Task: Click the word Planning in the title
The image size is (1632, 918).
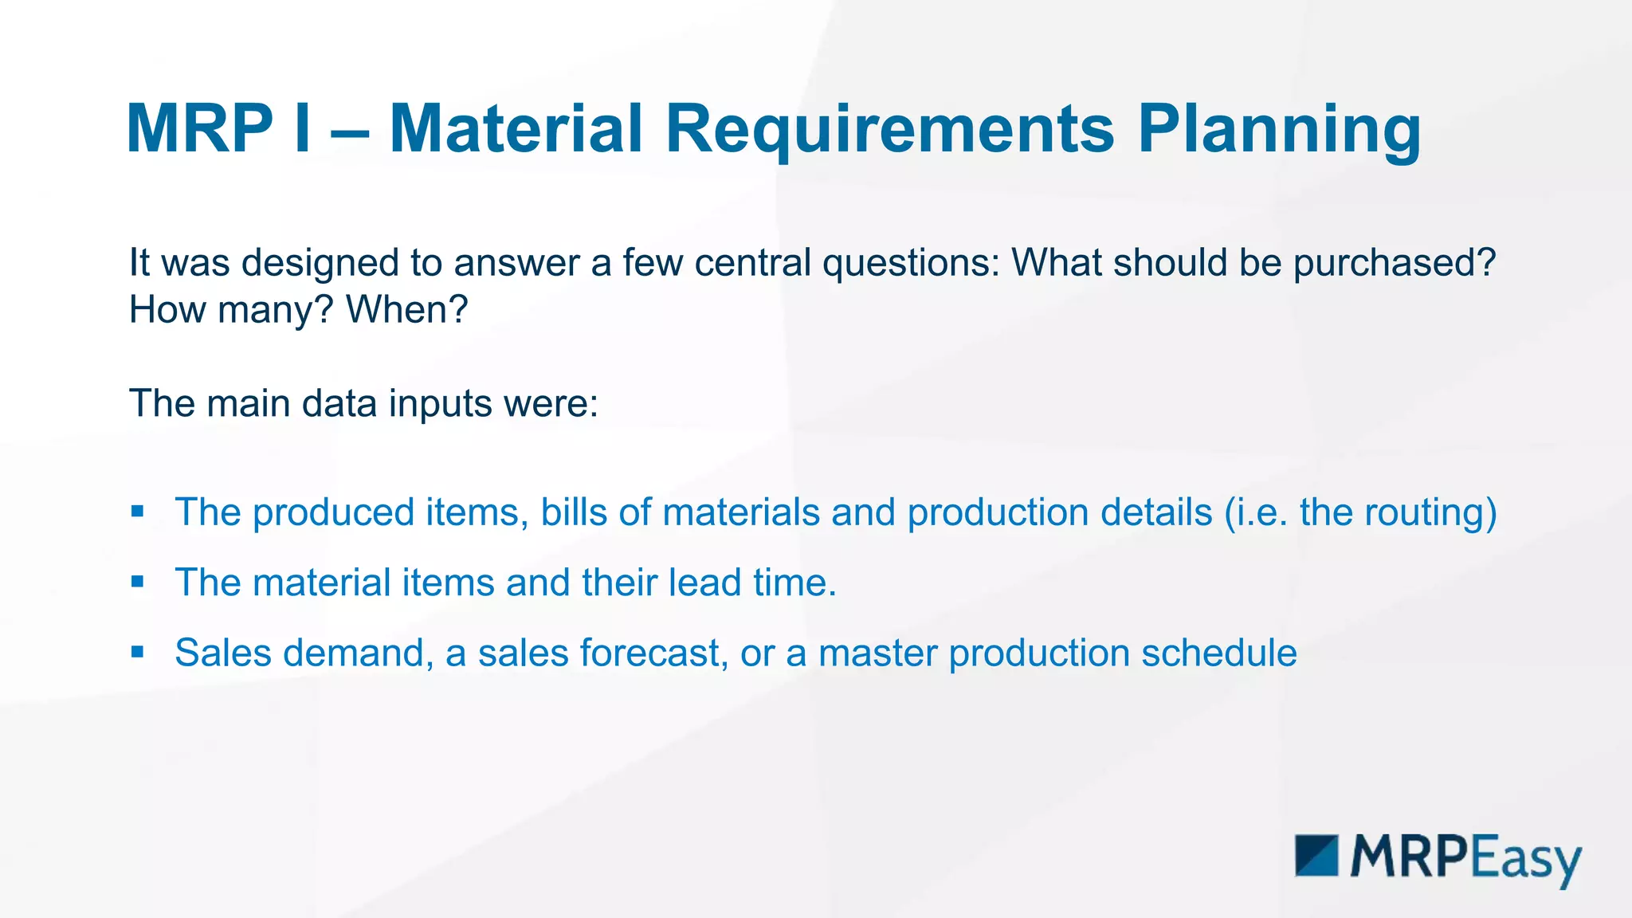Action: click(x=1278, y=129)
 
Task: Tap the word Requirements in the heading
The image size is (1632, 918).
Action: click(x=889, y=129)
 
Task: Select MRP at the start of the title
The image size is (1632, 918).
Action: click(x=199, y=129)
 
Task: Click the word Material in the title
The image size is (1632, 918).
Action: click(x=516, y=129)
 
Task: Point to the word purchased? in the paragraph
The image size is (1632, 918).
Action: click(x=1395, y=263)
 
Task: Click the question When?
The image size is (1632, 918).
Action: click(x=406, y=310)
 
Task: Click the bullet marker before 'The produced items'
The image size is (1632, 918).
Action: click(x=138, y=512)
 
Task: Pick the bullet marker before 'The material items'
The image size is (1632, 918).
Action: click(x=138, y=582)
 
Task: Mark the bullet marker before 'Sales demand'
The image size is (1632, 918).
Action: click(x=138, y=652)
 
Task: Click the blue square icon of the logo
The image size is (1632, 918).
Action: click(x=1316, y=856)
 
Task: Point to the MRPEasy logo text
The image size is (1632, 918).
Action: click(x=1465, y=859)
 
